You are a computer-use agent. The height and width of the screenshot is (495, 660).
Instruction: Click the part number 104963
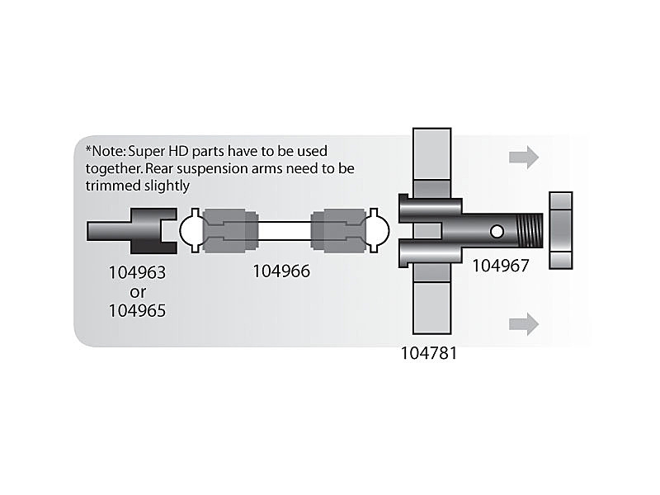(x=138, y=271)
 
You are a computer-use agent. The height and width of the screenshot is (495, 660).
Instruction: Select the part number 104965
(x=138, y=311)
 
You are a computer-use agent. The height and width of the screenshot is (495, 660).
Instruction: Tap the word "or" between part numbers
(x=138, y=291)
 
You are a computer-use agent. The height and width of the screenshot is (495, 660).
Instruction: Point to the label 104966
(x=281, y=271)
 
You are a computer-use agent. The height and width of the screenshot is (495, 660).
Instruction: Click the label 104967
(x=501, y=265)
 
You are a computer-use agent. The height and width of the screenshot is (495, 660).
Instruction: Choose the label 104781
(x=429, y=354)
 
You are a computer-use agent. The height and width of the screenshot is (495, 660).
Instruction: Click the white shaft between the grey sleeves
(x=282, y=230)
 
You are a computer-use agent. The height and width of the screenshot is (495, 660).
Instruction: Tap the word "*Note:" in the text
(x=106, y=151)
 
